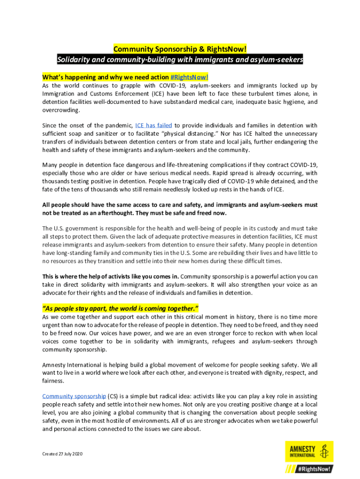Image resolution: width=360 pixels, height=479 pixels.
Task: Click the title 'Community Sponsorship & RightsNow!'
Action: tap(180, 50)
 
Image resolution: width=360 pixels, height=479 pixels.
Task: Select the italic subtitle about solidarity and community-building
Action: tap(180, 60)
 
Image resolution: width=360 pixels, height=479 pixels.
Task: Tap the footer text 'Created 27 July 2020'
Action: tap(62, 454)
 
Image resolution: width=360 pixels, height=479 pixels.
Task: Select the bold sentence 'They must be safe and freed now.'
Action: tap(174, 213)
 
